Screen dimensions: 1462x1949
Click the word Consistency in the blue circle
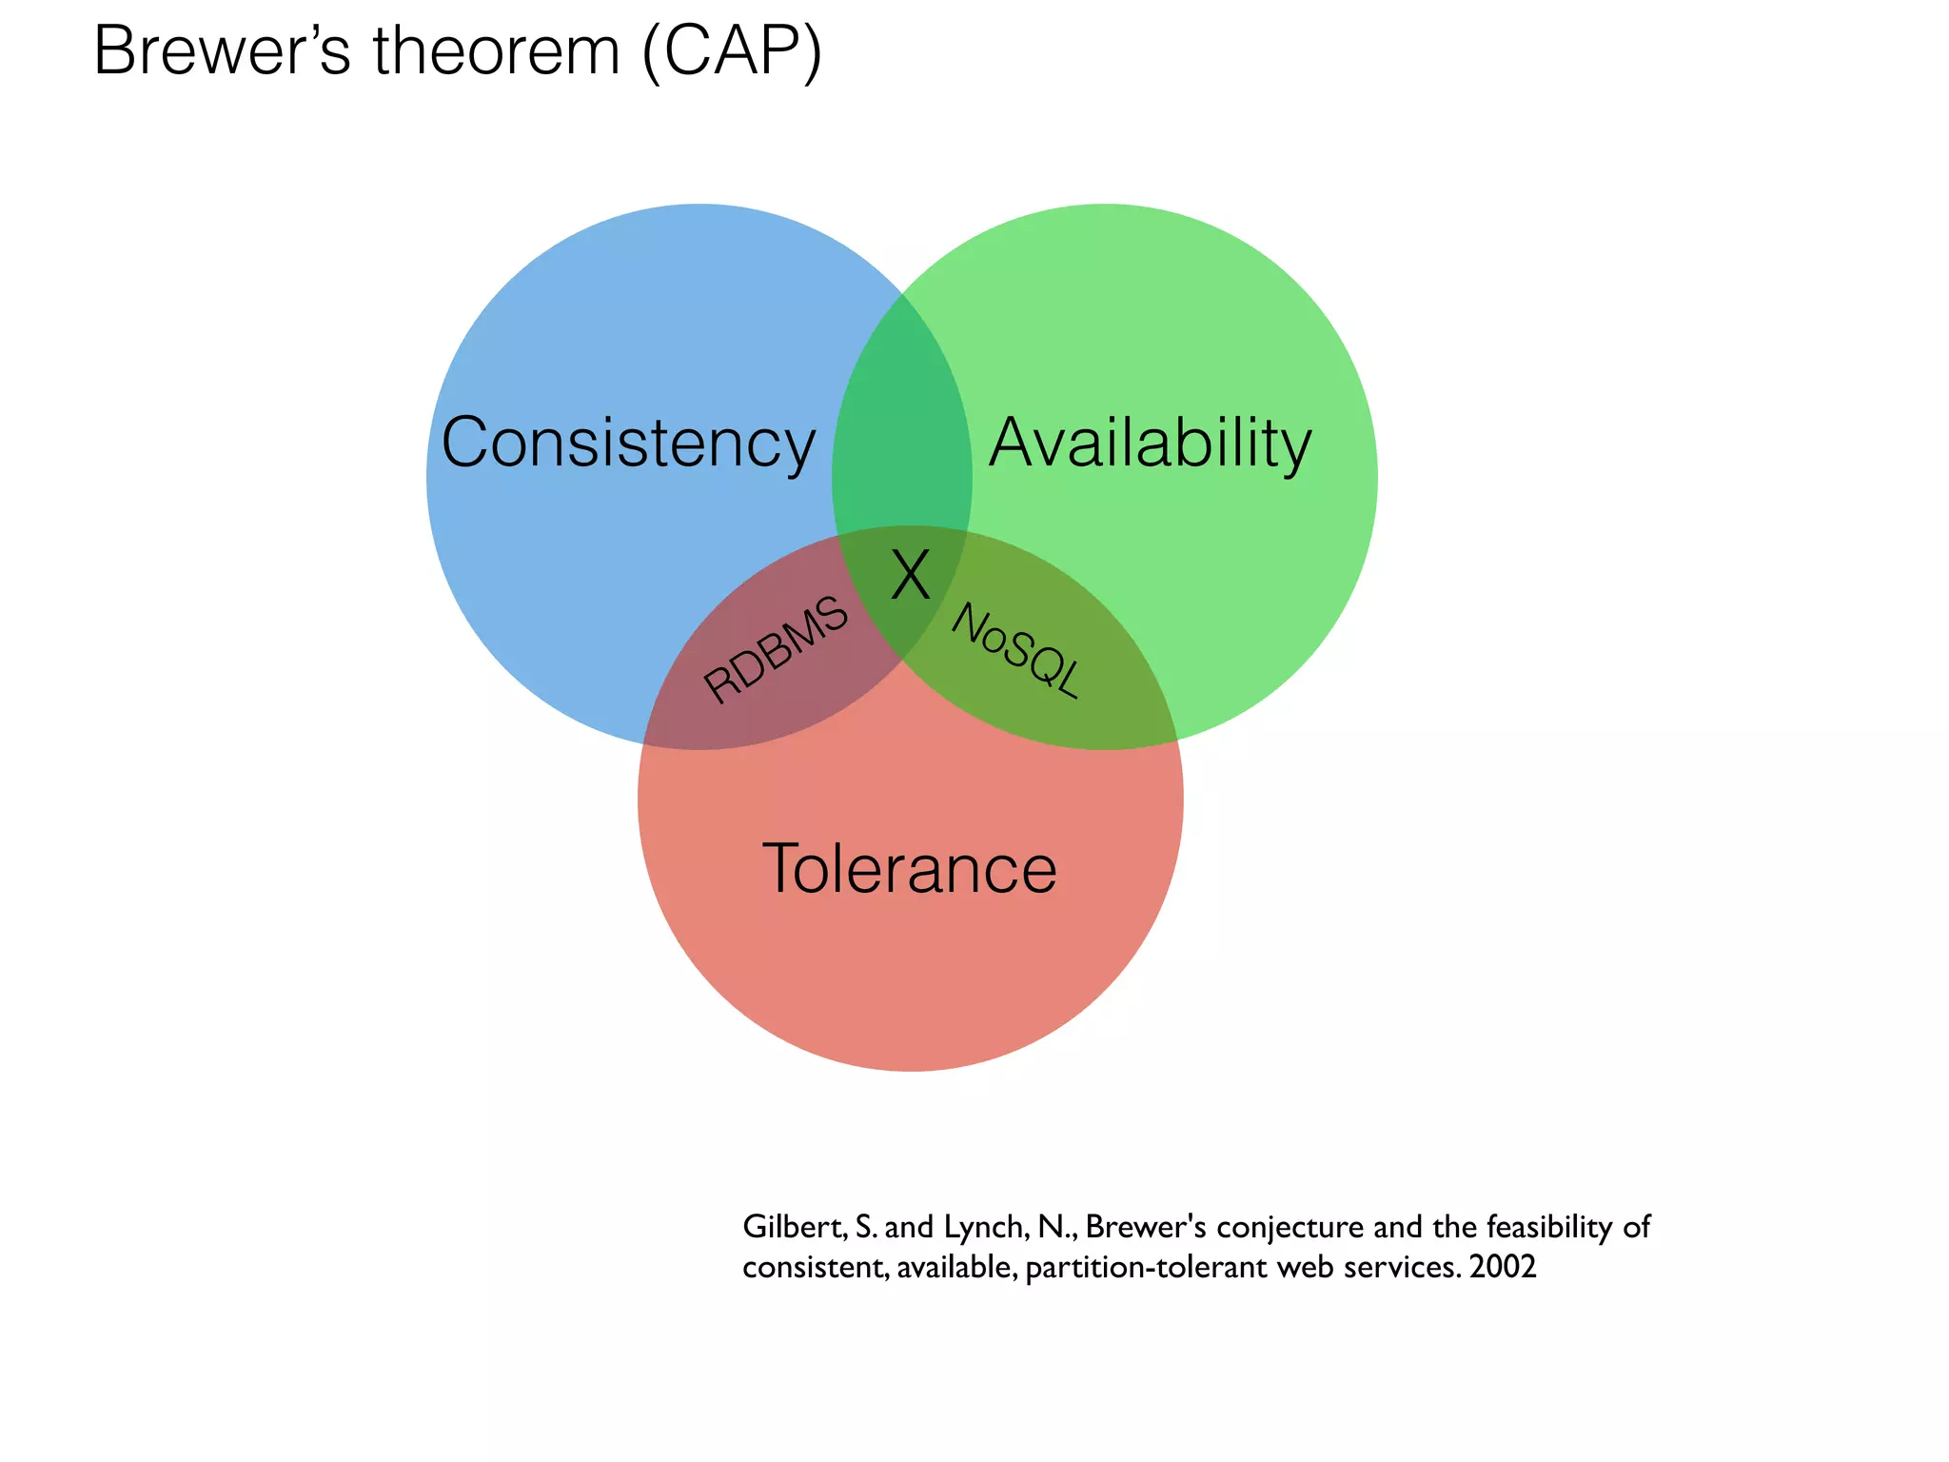(628, 444)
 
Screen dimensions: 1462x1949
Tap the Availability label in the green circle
(1150, 444)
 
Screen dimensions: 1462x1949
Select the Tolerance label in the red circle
(910, 868)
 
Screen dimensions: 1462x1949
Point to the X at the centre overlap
(911, 576)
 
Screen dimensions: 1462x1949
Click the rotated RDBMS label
(776, 649)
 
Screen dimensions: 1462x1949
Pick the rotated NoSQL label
(1017, 650)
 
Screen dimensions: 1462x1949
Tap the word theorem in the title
(496, 51)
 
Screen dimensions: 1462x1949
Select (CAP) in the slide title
(732, 53)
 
